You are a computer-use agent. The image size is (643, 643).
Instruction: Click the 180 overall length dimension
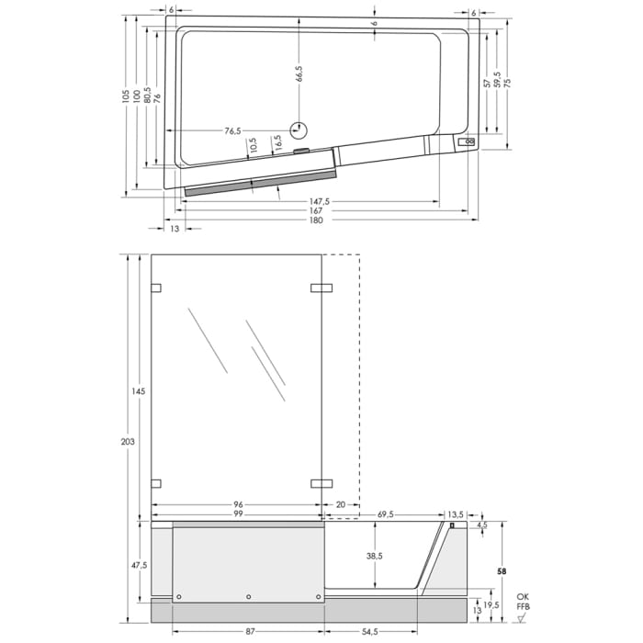tap(316, 220)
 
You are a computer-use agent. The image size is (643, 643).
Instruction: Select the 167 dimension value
tap(316, 210)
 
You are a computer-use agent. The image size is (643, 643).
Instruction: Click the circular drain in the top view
tap(299, 130)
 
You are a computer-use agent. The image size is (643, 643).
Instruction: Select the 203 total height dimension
tap(128, 442)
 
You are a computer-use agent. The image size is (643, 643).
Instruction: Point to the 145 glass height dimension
tap(139, 391)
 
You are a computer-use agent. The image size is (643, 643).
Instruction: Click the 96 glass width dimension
tap(237, 503)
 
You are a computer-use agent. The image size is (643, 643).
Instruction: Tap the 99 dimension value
tap(237, 514)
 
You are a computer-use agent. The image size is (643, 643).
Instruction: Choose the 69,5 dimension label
tap(385, 514)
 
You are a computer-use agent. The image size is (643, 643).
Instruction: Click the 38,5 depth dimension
tap(374, 557)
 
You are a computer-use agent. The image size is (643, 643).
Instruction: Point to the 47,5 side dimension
tap(139, 565)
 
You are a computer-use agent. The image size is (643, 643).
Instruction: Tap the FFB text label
tap(522, 607)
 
